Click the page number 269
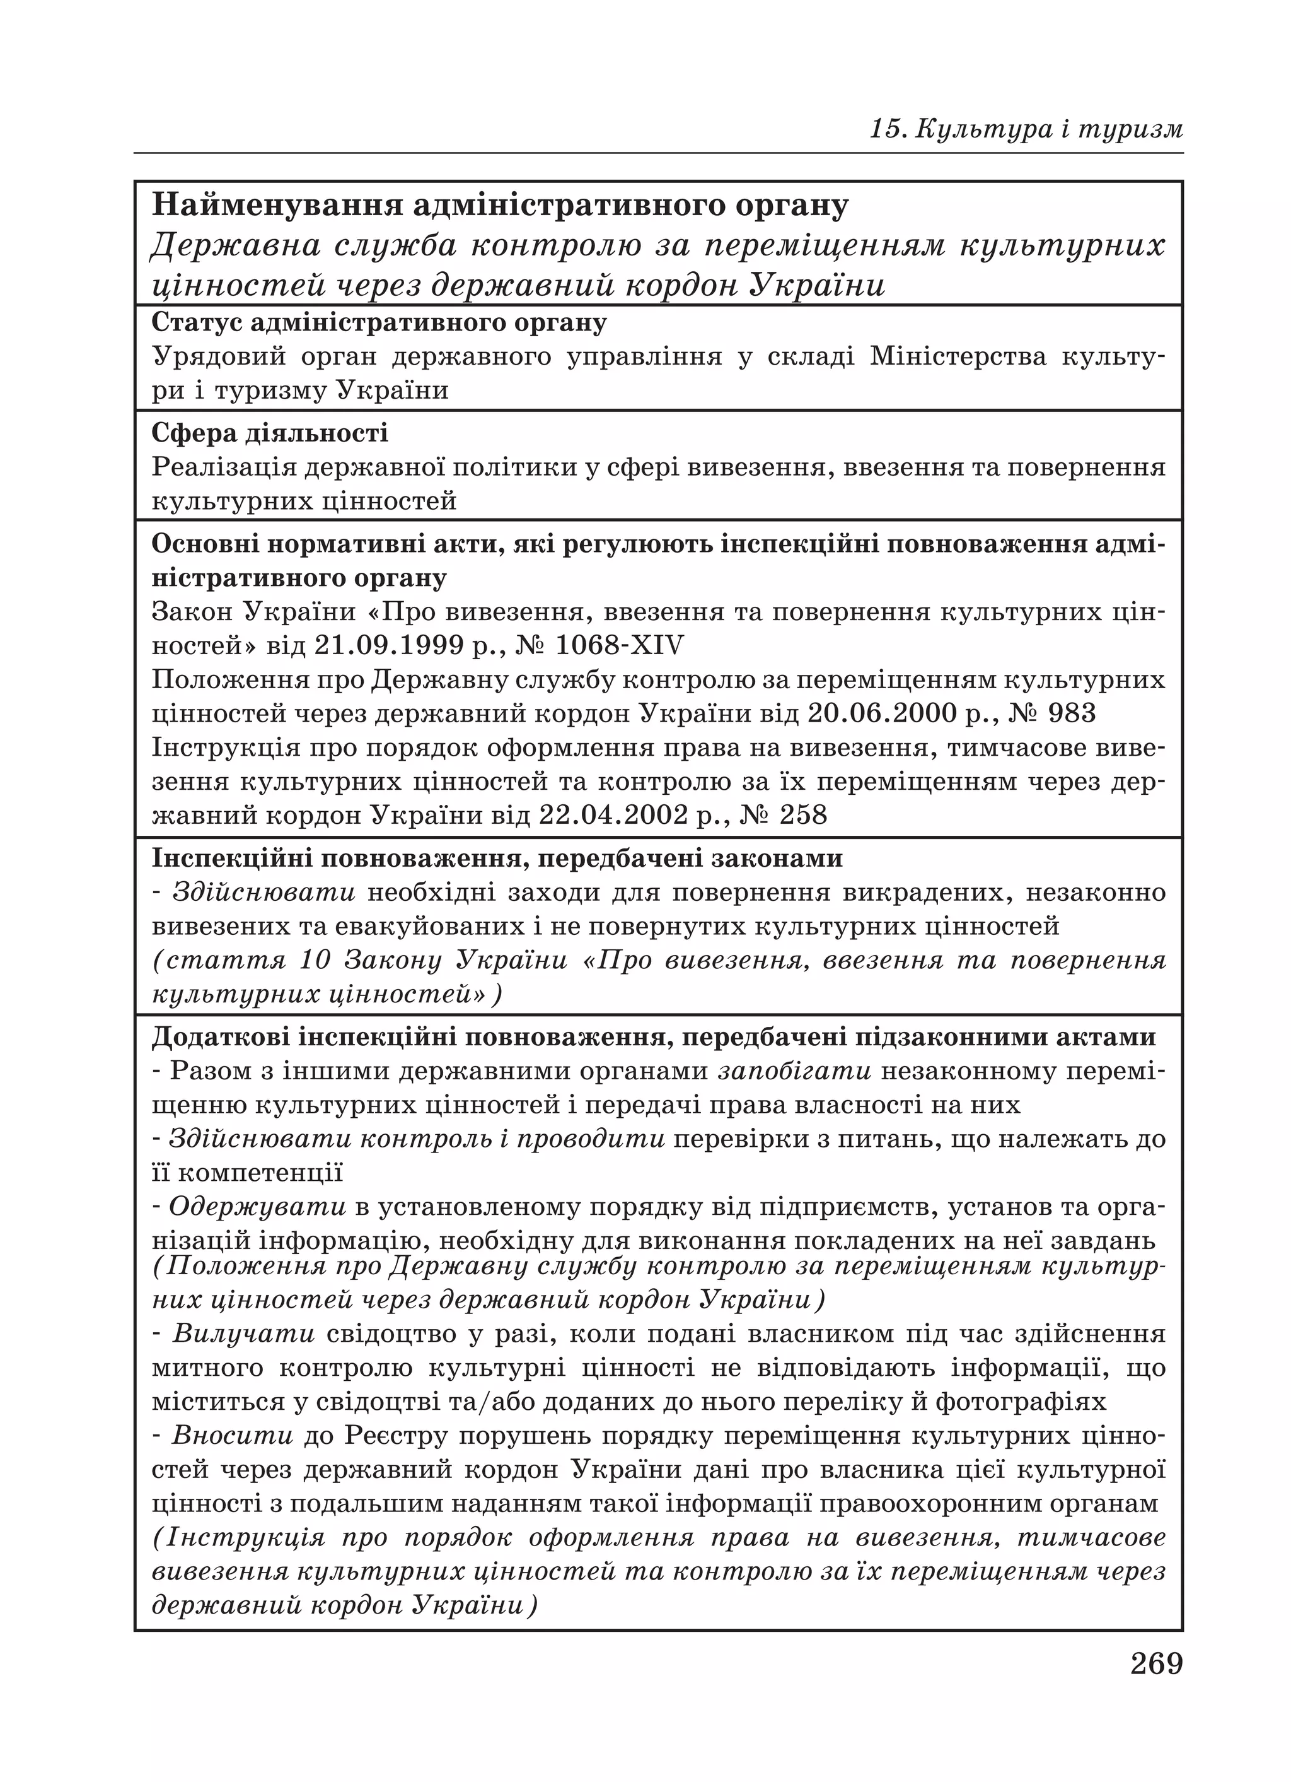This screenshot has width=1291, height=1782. coord(1156,1664)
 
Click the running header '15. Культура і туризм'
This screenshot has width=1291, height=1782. coord(1026,129)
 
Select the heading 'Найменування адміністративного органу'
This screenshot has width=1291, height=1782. coord(501,206)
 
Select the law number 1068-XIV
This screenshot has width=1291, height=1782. coord(620,645)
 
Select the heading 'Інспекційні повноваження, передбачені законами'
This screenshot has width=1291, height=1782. coord(497,858)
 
